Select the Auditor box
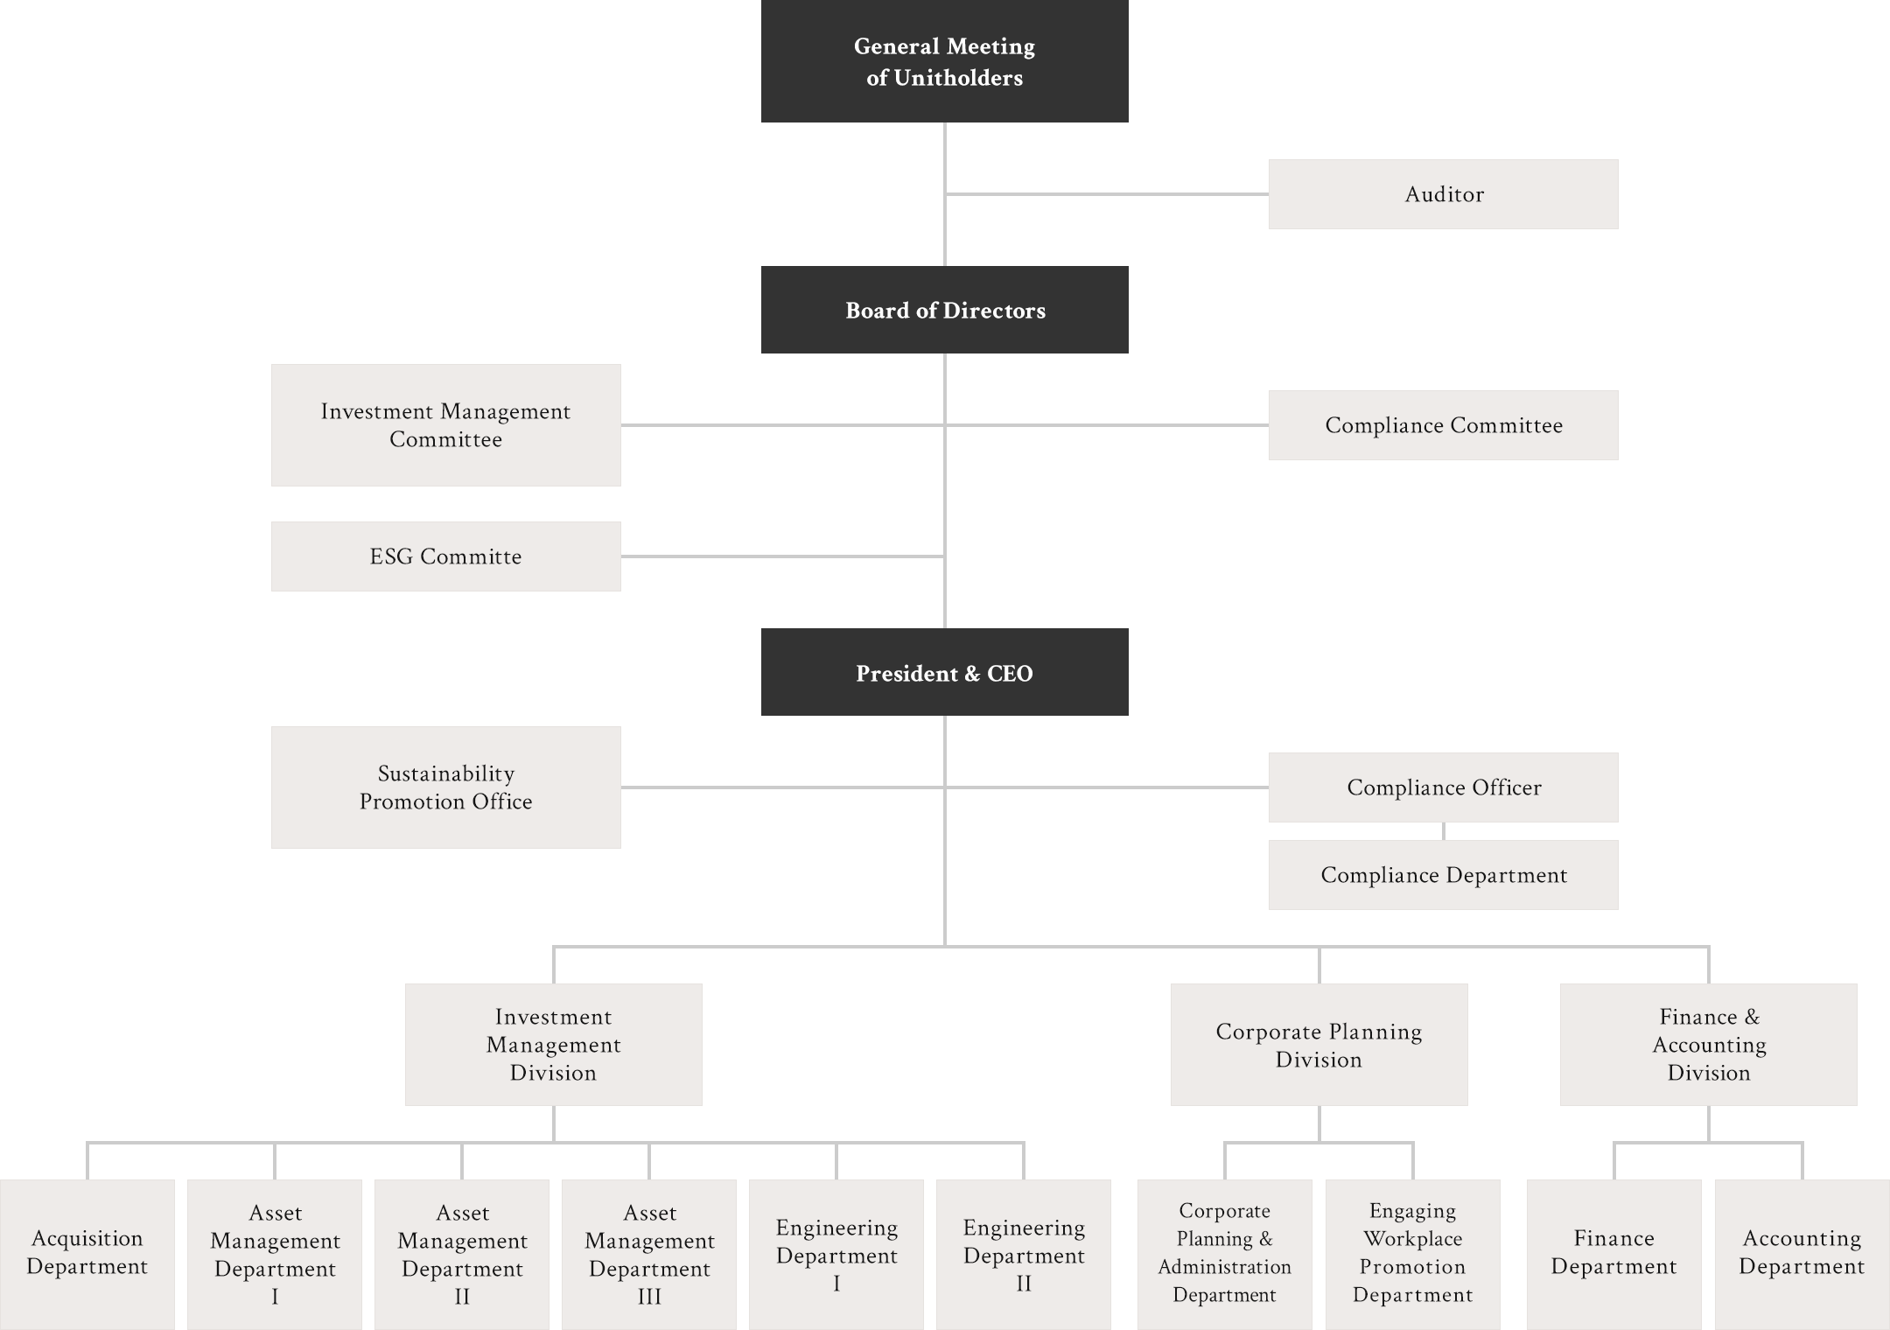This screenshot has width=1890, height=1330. (x=1443, y=194)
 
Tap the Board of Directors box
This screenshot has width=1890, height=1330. (x=944, y=310)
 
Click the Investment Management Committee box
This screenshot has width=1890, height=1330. (x=445, y=425)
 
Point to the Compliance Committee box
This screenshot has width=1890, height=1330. (x=1443, y=425)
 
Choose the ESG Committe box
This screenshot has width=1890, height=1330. (x=445, y=556)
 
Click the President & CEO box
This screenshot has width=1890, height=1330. (x=944, y=673)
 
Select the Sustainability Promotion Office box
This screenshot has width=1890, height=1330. (x=445, y=787)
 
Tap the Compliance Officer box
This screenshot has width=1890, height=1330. (x=1443, y=787)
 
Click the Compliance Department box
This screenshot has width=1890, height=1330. (x=1443, y=875)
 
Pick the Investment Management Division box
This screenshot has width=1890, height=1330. (x=553, y=1045)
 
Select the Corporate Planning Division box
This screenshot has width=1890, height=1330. (x=1319, y=1045)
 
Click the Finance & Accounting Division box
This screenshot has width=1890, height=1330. (x=1708, y=1045)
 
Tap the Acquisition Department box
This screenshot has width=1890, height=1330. (x=87, y=1253)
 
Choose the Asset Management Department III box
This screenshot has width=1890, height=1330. (x=649, y=1253)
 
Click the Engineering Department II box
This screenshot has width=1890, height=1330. (x=1024, y=1253)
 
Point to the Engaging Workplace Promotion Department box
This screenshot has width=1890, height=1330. (x=1412, y=1253)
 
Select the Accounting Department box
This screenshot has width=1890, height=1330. (x=1802, y=1253)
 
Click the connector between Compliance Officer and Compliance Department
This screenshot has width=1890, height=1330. (x=1444, y=831)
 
